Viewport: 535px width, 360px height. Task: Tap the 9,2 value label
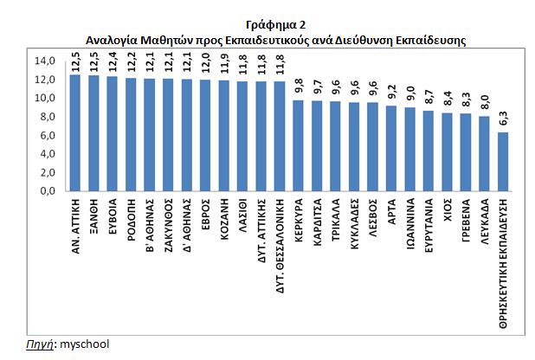391,92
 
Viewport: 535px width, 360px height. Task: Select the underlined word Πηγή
34,344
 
